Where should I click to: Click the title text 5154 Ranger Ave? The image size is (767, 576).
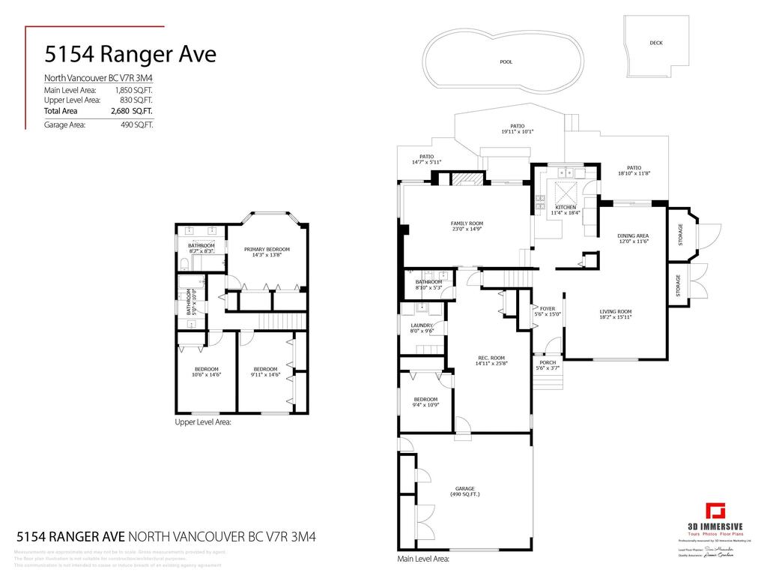click(130, 55)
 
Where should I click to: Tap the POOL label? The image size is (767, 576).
click(506, 62)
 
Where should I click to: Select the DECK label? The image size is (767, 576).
click(655, 43)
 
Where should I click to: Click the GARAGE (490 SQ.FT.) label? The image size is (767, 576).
click(465, 490)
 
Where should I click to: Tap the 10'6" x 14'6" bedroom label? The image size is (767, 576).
click(207, 372)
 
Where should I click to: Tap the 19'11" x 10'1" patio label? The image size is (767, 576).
click(517, 129)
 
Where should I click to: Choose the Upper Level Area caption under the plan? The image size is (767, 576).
click(203, 422)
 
